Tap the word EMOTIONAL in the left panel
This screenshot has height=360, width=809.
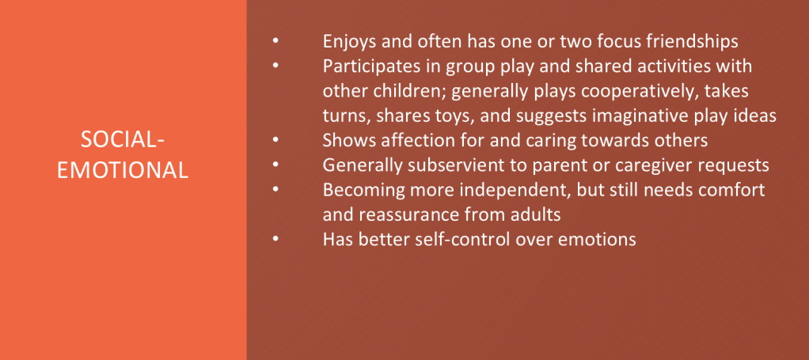(x=123, y=170)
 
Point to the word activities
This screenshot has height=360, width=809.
(x=676, y=66)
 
